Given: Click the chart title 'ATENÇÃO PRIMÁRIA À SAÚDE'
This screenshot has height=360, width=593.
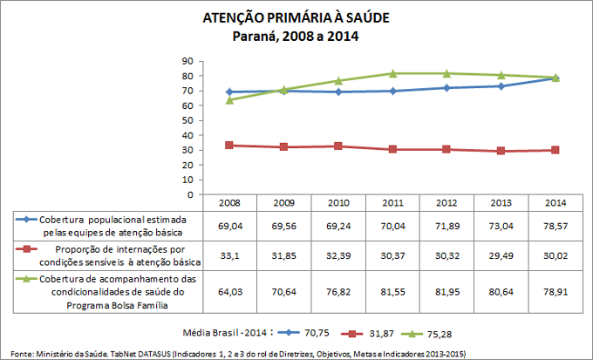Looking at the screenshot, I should click(296, 17).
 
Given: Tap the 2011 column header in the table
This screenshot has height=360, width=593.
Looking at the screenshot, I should click(393, 202).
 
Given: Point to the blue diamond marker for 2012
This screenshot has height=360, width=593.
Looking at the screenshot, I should click(447, 88).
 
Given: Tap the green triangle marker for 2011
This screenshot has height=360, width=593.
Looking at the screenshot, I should click(393, 73).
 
